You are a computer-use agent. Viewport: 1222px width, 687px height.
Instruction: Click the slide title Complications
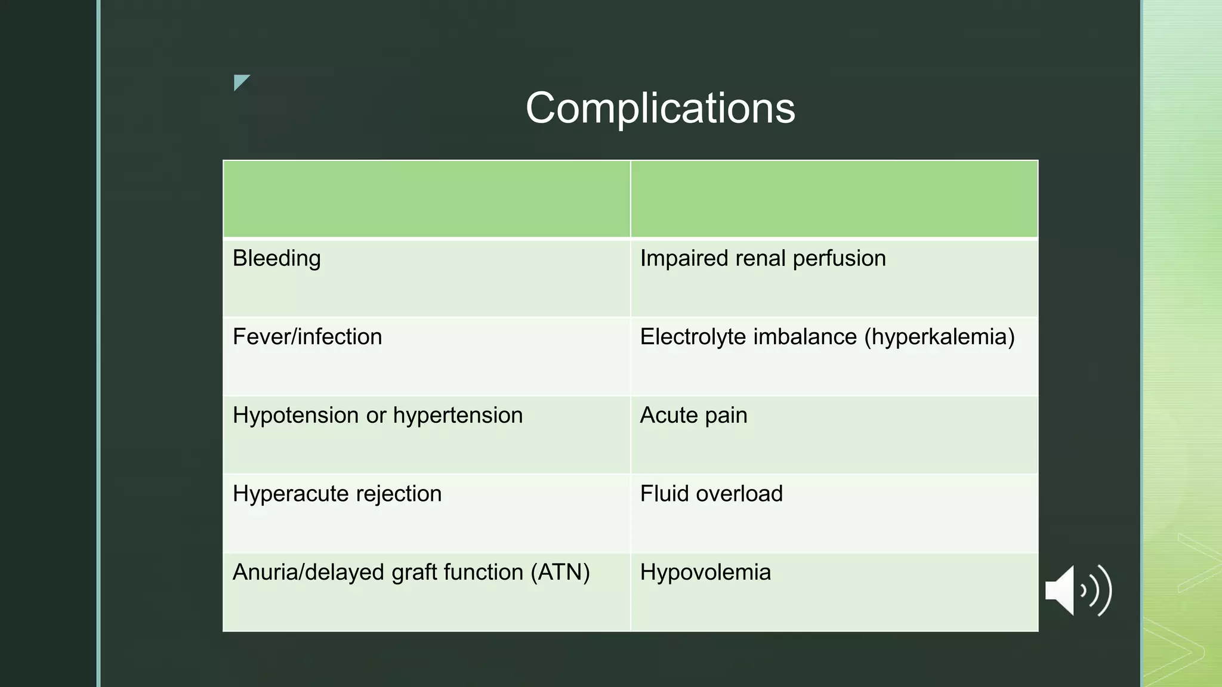click(660, 108)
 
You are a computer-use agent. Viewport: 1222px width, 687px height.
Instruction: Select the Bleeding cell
click(277, 259)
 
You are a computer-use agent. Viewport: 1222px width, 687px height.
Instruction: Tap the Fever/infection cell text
click(307, 337)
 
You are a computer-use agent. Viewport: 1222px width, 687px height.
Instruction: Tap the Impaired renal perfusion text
click(763, 259)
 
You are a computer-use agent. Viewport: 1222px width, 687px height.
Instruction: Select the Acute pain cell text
click(693, 416)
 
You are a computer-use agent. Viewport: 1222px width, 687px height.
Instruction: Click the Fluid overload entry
click(711, 494)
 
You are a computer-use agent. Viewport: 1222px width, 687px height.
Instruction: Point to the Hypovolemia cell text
click(705, 572)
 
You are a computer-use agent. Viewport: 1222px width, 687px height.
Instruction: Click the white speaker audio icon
click(1079, 590)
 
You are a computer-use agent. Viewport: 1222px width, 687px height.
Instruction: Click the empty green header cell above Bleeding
click(427, 199)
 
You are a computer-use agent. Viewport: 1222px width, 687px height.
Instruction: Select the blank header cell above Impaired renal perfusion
click(834, 199)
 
